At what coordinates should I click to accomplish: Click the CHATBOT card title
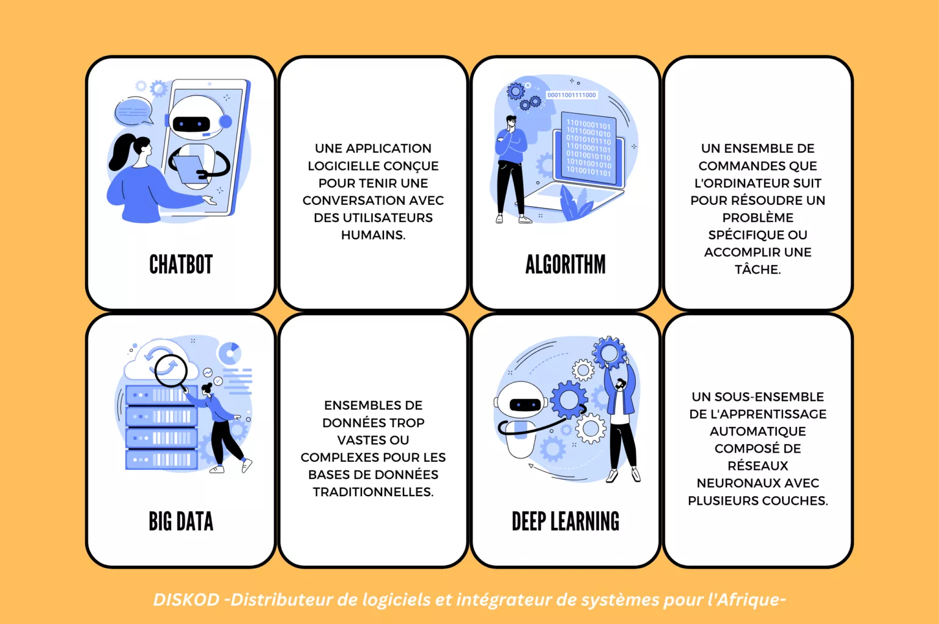[x=181, y=265]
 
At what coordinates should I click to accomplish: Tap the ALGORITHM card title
[x=565, y=265]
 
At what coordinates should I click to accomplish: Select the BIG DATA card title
[x=181, y=521]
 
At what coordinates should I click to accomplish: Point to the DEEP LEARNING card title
[x=565, y=521]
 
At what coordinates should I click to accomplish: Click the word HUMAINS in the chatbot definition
[x=373, y=235]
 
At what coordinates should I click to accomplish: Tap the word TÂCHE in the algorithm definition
[x=757, y=269]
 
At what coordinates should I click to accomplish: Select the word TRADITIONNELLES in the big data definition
[x=373, y=492]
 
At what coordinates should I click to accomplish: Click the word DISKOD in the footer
[x=186, y=600]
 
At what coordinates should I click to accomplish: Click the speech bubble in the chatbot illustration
[x=133, y=111]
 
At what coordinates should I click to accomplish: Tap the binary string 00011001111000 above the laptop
[x=572, y=95]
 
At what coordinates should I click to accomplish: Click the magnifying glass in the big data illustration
[x=171, y=372]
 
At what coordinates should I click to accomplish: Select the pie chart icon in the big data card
[x=230, y=353]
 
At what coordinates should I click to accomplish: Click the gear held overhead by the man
[x=609, y=352]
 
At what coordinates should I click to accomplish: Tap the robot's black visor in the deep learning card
[x=525, y=404]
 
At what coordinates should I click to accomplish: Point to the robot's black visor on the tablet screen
[x=191, y=124]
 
